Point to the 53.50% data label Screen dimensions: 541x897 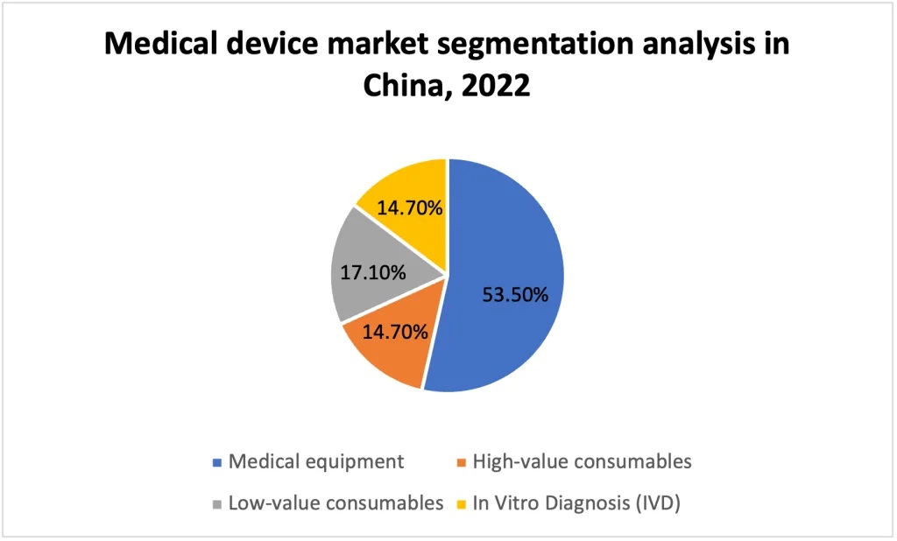[515, 294]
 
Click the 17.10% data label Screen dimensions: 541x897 [373, 272]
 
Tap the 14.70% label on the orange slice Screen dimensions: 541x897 [395, 332]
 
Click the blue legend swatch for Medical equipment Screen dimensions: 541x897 [217, 462]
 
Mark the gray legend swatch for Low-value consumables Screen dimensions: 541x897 [217, 504]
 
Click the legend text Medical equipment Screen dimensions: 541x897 [316, 461]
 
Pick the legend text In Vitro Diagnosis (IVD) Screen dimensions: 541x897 [576, 503]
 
